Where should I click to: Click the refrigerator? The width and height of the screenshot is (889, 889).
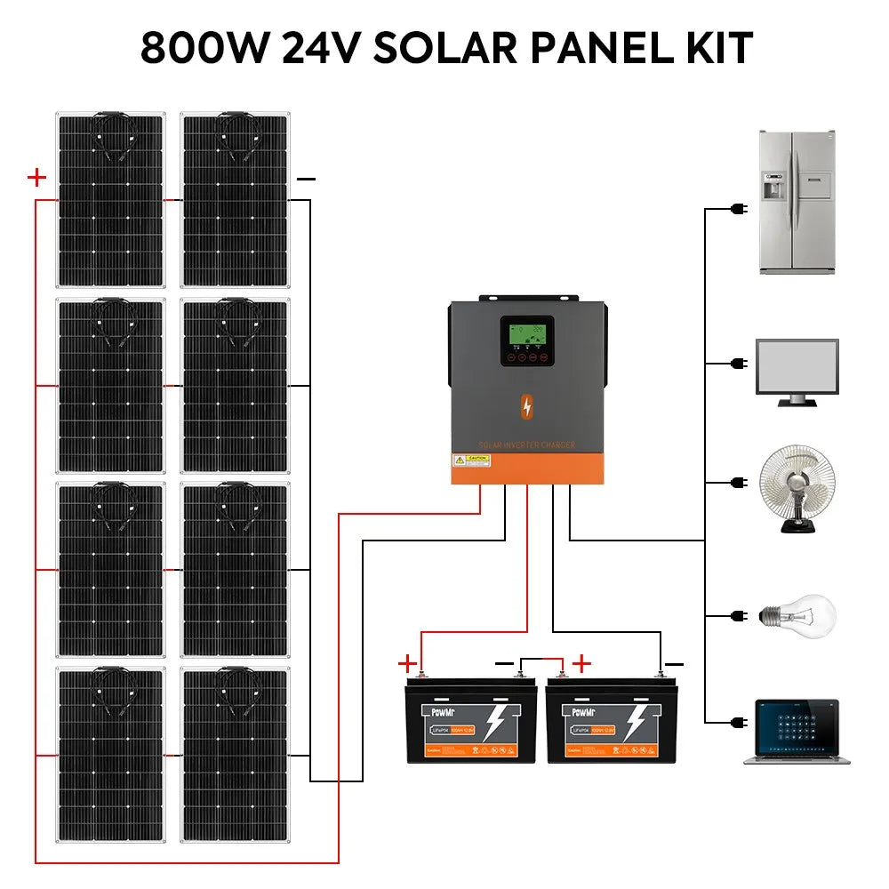[797, 202]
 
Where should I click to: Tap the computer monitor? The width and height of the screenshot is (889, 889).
[796, 371]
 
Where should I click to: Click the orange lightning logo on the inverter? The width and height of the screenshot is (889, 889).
[528, 406]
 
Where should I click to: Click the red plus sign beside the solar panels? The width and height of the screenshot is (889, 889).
[36, 178]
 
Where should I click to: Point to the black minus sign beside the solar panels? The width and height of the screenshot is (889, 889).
[306, 179]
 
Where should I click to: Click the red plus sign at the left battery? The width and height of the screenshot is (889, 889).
[406, 662]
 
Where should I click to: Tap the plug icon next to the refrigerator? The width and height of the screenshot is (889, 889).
[737, 210]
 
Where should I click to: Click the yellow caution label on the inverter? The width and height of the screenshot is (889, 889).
[471, 461]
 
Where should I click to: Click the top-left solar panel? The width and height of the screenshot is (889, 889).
[111, 200]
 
